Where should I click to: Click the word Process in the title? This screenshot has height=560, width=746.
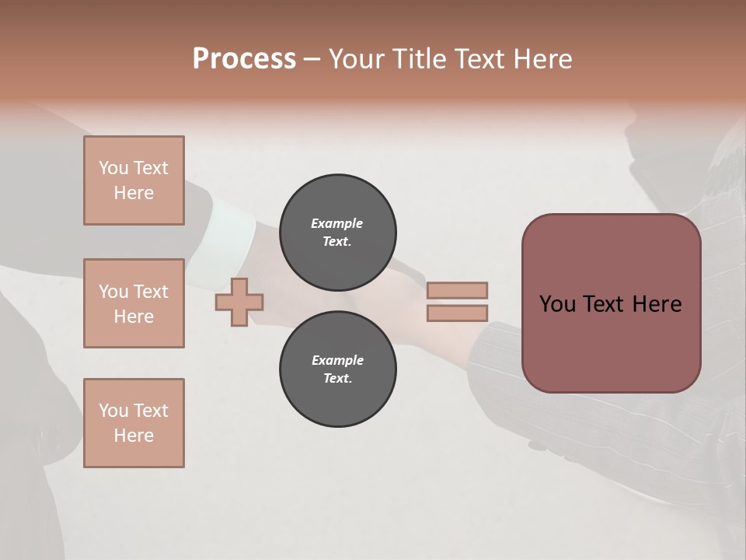pyautogui.click(x=244, y=59)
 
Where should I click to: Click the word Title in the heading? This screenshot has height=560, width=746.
pyautogui.click(x=417, y=59)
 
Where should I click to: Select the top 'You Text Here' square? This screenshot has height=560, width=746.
pyautogui.click(x=134, y=180)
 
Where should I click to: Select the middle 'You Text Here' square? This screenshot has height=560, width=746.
pyautogui.click(x=134, y=303)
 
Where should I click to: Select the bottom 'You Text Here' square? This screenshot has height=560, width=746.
pyautogui.click(x=134, y=423)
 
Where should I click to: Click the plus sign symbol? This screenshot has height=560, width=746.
pyautogui.click(x=239, y=302)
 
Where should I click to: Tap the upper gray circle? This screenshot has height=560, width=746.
pyautogui.click(x=337, y=233)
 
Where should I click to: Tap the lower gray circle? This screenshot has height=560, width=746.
pyautogui.click(x=337, y=369)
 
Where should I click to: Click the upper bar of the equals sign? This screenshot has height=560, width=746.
pyautogui.click(x=457, y=291)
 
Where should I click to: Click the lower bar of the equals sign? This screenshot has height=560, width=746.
pyautogui.click(x=457, y=313)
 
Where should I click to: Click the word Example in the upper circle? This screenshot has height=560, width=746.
pyautogui.click(x=337, y=223)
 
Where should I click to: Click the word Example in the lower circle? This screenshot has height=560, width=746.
pyautogui.click(x=337, y=360)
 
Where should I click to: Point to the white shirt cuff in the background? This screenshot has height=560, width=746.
pyautogui.click(x=234, y=226)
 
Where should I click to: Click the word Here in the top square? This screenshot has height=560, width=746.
pyautogui.click(x=134, y=193)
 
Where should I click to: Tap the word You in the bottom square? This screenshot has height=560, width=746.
pyautogui.click(x=113, y=411)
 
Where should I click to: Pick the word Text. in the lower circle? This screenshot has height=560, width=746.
pyautogui.click(x=337, y=379)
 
